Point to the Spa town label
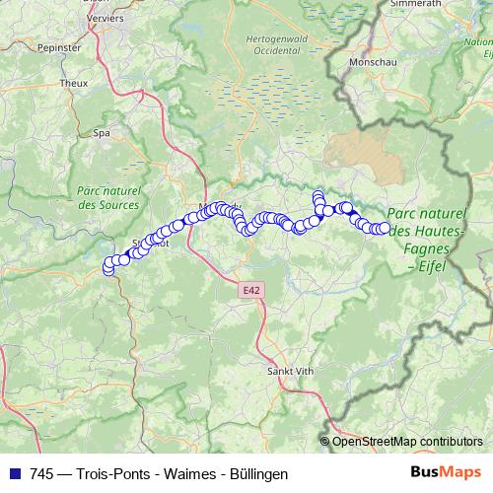pyautogui.click(x=101, y=131)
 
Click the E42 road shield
pyautogui.click(x=250, y=290)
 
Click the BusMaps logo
pyautogui.click(x=446, y=473)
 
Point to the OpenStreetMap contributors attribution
pyautogui.click(x=406, y=441)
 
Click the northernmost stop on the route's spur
pyautogui.click(x=317, y=195)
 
